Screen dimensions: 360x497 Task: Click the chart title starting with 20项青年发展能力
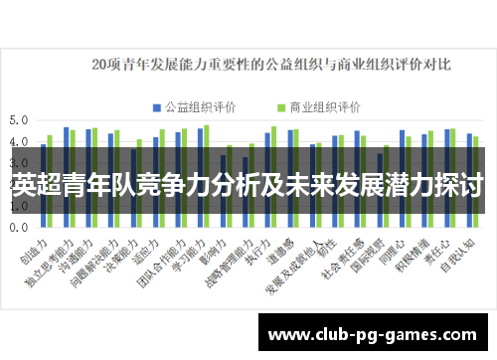tap(270, 65)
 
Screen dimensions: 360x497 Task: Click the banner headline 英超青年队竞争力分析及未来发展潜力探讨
tap(248, 184)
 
